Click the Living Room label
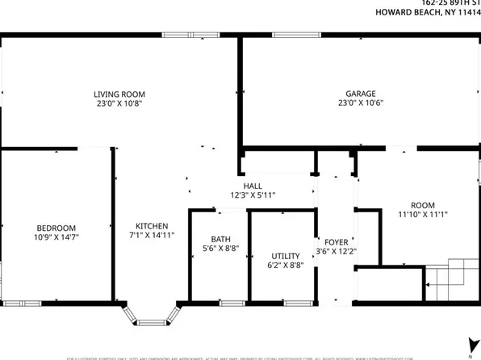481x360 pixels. pyautogui.click(x=119, y=94)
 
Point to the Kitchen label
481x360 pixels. pyautogui.click(x=152, y=226)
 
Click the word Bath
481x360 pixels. pyautogui.click(x=220, y=239)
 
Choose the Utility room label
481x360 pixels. pyautogui.click(x=285, y=253)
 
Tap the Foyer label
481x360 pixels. pyautogui.click(x=336, y=241)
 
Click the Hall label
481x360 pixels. pyautogui.click(x=253, y=185)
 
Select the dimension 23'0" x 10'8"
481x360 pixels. pyautogui.click(x=119, y=103)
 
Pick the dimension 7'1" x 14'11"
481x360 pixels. pyautogui.click(x=152, y=236)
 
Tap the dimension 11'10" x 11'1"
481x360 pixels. pyautogui.click(x=422, y=215)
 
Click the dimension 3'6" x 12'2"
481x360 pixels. pyautogui.click(x=336, y=251)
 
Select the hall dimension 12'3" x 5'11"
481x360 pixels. pyautogui.click(x=253, y=195)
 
